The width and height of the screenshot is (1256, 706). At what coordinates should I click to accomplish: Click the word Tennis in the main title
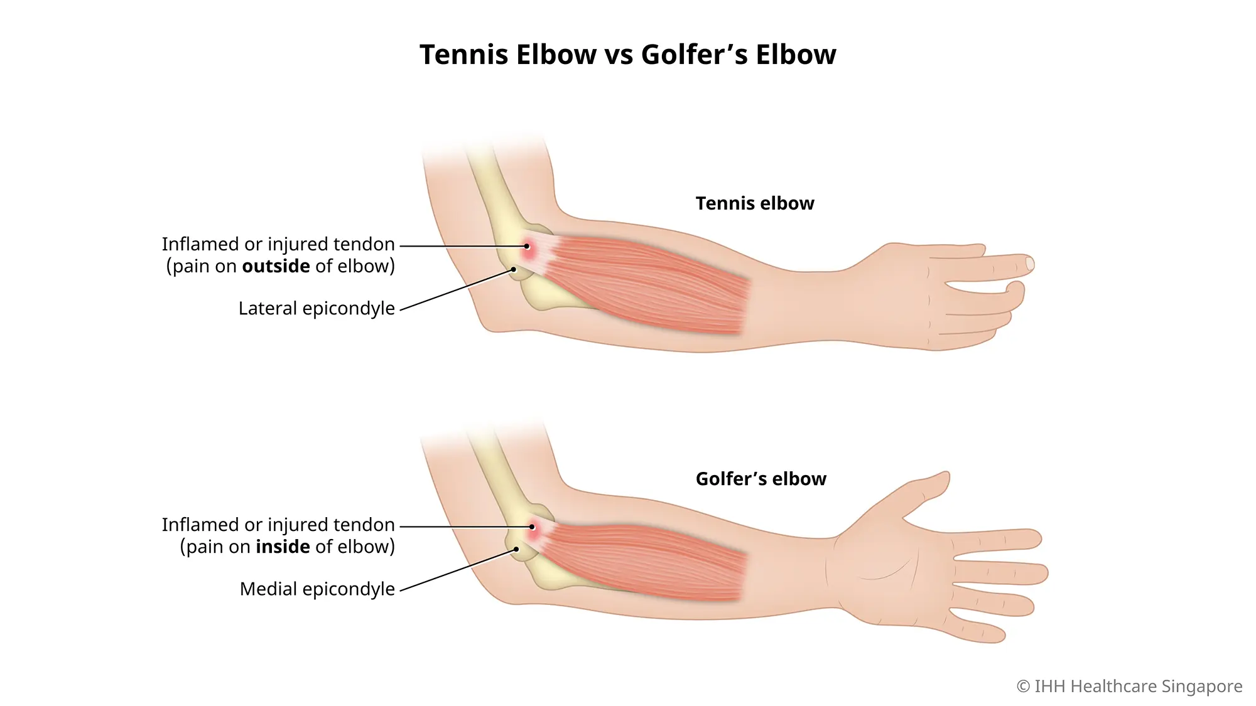[463, 55]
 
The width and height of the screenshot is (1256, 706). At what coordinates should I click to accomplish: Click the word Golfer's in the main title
[694, 55]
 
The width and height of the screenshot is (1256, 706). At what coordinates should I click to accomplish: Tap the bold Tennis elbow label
[754, 203]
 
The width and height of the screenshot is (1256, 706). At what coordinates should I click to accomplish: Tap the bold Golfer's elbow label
[761, 479]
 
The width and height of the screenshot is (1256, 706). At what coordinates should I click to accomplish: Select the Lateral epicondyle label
[317, 309]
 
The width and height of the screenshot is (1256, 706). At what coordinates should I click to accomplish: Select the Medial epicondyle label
[317, 589]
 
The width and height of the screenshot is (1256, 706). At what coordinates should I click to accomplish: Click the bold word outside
[276, 266]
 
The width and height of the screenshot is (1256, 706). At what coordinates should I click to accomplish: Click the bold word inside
[283, 547]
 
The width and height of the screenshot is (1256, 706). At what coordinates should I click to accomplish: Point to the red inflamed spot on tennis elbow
[528, 247]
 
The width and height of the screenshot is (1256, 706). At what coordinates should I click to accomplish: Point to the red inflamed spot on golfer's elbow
[532, 527]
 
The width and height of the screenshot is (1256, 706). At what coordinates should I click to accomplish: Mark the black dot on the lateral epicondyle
[513, 269]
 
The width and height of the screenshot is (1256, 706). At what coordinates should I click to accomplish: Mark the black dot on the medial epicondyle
[516, 549]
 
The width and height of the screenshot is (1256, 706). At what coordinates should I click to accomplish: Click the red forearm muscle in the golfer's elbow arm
[647, 562]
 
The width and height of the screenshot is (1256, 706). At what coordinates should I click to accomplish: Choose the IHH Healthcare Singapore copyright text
[1129, 687]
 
